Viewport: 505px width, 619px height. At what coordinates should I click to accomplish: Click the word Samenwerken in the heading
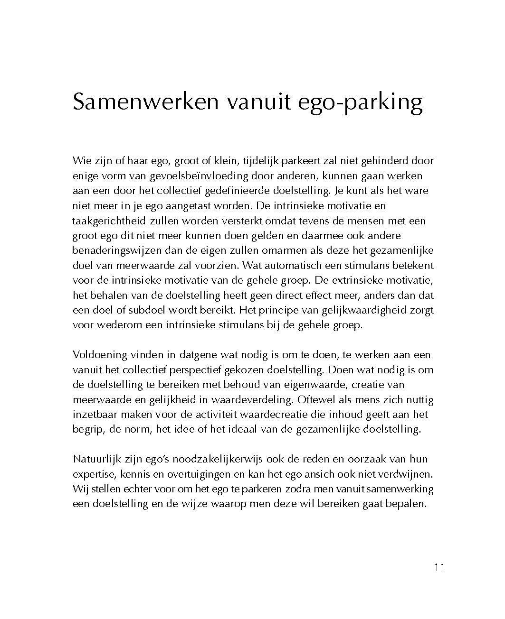tap(145, 102)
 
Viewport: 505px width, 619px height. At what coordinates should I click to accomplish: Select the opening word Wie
tap(81, 161)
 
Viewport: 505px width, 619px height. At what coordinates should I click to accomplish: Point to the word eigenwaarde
tap(321, 385)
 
